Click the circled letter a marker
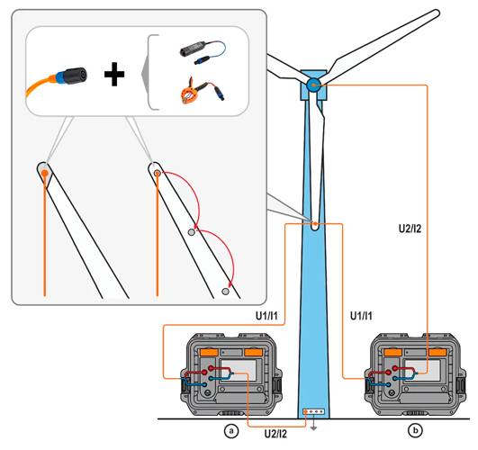[231, 431]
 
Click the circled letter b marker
[415, 430]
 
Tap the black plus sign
[114, 74]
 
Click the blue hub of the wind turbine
[313, 85]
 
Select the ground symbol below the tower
[313, 426]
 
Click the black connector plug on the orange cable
[76, 76]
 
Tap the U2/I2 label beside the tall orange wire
[410, 229]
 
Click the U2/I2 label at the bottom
[275, 434]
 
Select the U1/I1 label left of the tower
[266, 316]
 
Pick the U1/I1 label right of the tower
[361, 316]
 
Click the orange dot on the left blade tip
[45, 173]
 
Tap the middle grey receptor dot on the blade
[191, 232]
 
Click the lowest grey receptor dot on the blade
[225, 292]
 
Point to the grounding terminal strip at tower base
[313, 411]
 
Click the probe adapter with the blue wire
[203, 51]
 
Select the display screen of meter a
[239, 370]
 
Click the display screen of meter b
[422, 370]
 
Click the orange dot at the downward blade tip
[315, 224]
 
